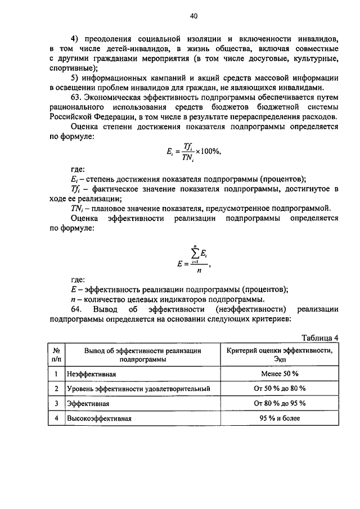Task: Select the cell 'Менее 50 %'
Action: click(280, 373)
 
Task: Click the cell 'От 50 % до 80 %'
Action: click(280, 389)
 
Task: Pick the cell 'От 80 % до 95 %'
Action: click(280, 404)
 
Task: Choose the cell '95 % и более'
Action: click(280, 418)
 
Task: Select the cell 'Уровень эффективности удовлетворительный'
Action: click(138, 389)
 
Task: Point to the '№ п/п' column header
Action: click(56, 354)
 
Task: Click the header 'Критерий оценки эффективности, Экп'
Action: click(280, 354)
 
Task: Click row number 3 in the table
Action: click(56, 404)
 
